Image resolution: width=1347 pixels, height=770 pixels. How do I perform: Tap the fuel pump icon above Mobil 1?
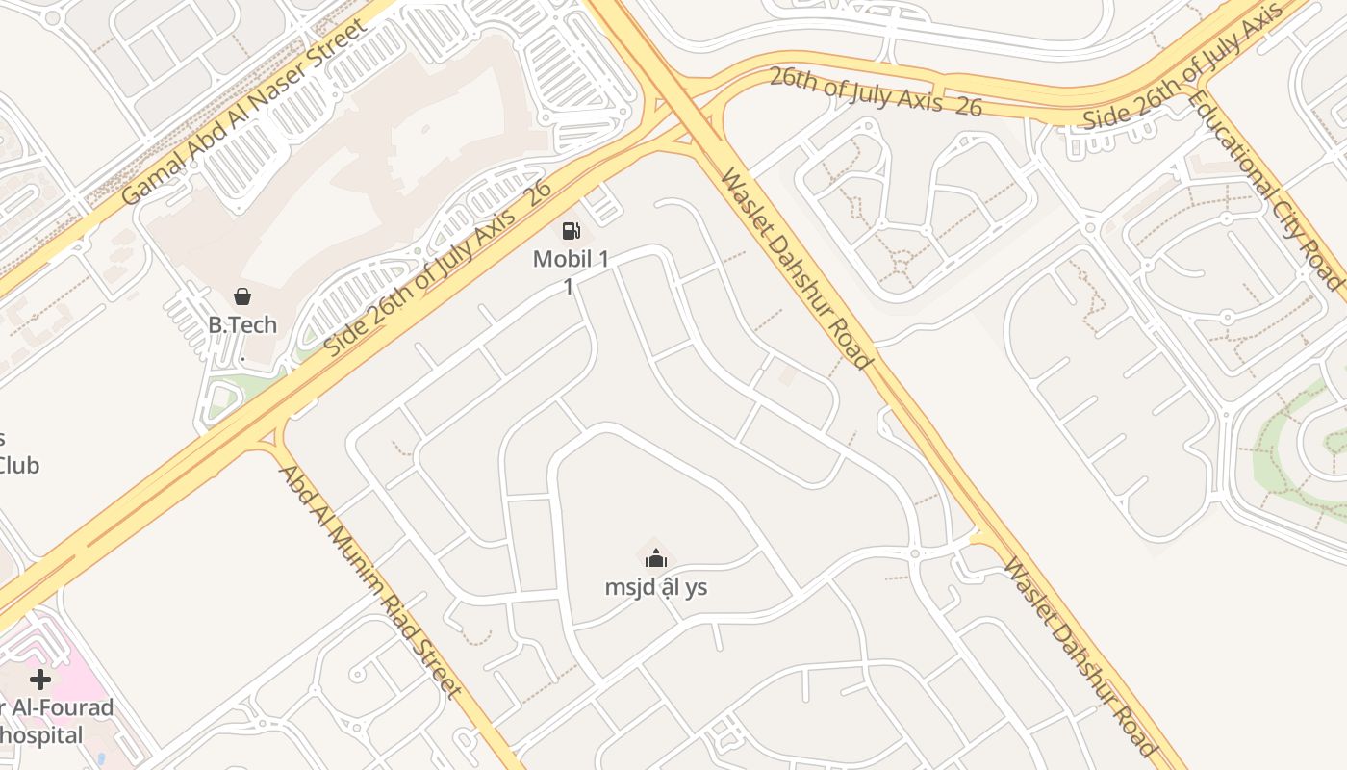(572, 231)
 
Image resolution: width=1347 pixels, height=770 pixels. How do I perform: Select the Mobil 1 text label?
(571, 258)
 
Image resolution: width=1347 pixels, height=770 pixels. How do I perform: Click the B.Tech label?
(242, 324)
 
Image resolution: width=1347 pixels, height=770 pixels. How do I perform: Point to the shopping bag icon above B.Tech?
(242, 296)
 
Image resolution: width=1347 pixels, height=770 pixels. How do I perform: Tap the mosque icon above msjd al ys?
(656, 558)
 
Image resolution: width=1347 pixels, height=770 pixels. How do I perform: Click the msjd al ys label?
(656, 586)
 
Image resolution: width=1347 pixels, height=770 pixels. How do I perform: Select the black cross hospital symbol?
(39, 680)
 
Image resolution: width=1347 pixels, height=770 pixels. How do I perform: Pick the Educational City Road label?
(1263, 188)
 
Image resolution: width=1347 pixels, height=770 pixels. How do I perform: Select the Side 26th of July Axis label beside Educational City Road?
(1183, 65)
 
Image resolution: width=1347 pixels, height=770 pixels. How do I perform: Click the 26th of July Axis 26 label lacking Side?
(876, 91)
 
